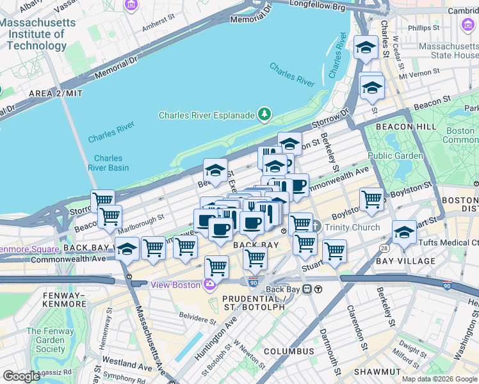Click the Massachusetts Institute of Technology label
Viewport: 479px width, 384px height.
point(37,34)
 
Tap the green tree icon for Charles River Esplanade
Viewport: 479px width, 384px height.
point(264,115)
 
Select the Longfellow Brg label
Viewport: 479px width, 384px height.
point(317,7)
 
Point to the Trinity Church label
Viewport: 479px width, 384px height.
point(352,227)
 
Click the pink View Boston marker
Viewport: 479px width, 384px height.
point(209,284)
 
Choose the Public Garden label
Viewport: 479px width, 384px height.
point(395,156)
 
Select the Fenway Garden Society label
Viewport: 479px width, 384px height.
point(45,340)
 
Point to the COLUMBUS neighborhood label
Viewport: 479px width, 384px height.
point(289,351)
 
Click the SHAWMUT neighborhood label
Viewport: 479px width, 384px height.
point(378,371)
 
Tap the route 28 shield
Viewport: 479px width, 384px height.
point(382,247)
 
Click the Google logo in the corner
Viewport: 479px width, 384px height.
point(21,376)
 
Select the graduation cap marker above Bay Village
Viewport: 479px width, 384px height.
point(404,232)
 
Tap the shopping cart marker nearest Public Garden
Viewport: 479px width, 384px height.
point(371,200)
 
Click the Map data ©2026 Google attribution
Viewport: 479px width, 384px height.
point(439,379)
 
